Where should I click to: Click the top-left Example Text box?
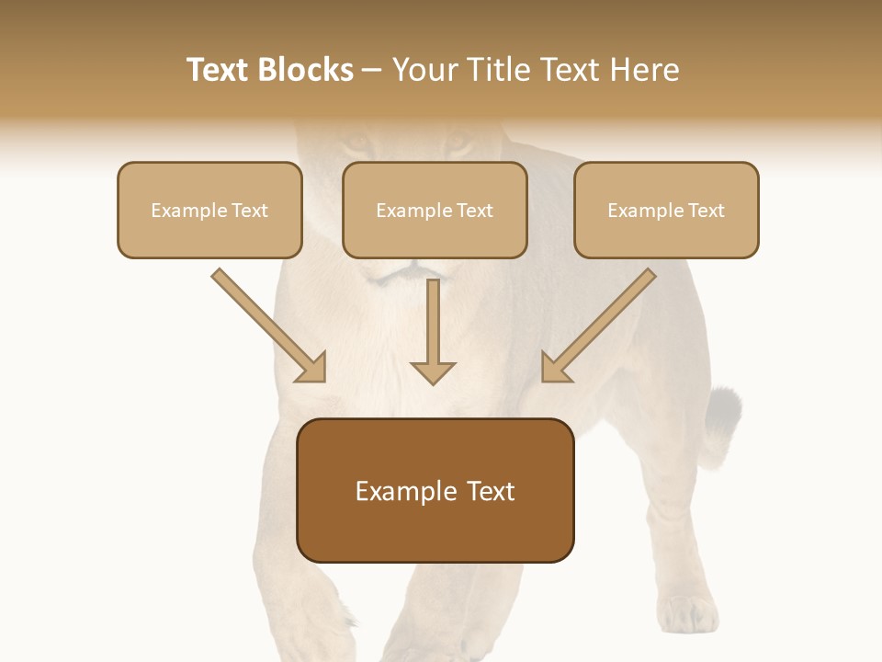coord(209,210)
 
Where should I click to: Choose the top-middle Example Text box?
coord(435,210)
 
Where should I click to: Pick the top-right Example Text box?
coord(666,210)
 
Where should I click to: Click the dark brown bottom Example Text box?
coord(435,491)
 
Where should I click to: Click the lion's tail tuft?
coord(723,409)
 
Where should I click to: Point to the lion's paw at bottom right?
coord(687,614)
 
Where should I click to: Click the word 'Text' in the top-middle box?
coord(475,210)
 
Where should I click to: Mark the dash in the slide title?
coord(372,70)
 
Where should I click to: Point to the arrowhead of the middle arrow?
coord(433,371)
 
